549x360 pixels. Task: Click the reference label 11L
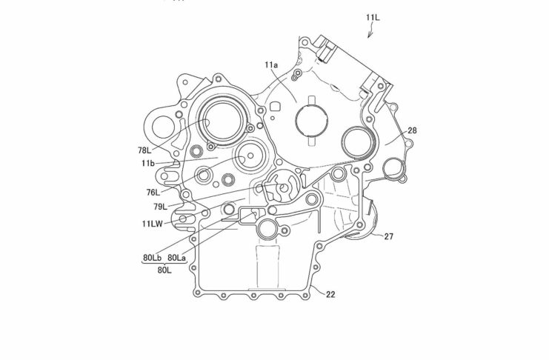click(x=373, y=18)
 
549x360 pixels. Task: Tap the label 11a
click(x=271, y=64)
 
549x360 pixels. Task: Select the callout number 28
click(x=413, y=130)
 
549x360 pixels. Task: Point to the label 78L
click(x=144, y=150)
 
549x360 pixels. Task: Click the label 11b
click(x=148, y=163)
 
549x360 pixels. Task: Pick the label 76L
click(x=153, y=193)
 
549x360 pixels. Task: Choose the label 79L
click(x=160, y=207)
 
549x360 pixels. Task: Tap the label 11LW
click(x=153, y=224)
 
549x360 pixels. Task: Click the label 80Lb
click(x=153, y=258)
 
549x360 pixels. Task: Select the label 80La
click(x=176, y=258)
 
